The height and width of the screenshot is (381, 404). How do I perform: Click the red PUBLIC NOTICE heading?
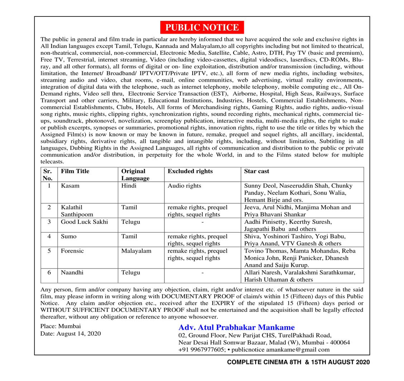tap(202, 28)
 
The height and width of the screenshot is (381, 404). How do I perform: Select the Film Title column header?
tap(75, 171)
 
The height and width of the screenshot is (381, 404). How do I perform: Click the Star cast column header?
tap(256, 171)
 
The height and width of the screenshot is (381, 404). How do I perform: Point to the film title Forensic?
tap(73, 251)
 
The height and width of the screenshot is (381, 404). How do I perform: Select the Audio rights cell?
tap(184, 186)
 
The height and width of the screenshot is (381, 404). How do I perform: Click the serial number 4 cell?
tap(49, 236)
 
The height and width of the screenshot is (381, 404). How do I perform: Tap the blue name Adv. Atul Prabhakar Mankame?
tap(236, 327)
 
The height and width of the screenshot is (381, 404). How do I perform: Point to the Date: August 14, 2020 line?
tap(71, 334)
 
